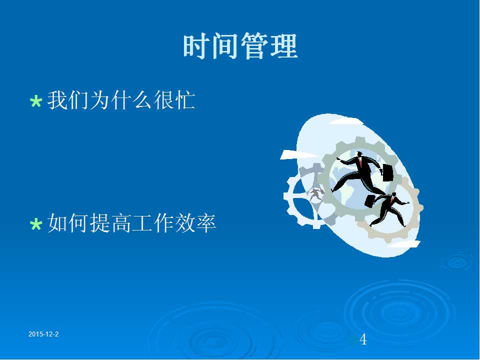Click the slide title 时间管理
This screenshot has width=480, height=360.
(240, 46)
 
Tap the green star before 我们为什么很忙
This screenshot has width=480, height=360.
(36, 101)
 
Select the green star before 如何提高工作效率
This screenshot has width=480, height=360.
(36, 224)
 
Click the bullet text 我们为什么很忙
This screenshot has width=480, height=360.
(121, 100)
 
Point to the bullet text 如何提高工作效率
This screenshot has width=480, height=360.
(132, 223)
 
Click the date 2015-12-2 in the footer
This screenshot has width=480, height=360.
(43, 334)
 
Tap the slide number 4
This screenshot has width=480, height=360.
(363, 339)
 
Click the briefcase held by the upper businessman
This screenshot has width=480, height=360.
(387, 172)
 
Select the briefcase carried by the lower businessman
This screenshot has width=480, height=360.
(370, 201)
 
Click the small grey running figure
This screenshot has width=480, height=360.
(315, 194)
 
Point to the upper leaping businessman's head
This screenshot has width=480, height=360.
(359, 153)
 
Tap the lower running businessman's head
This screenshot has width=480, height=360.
(393, 195)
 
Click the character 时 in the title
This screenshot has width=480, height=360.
(196, 46)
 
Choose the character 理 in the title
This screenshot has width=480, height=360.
(284, 46)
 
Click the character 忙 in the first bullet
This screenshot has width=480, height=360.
(185, 100)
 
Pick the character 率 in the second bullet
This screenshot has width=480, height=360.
(206, 223)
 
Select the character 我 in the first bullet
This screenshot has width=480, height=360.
(57, 100)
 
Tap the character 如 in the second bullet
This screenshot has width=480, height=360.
(57, 223)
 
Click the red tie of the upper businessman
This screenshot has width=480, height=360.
(360, 162)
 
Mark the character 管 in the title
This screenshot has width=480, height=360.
(255, 46)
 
